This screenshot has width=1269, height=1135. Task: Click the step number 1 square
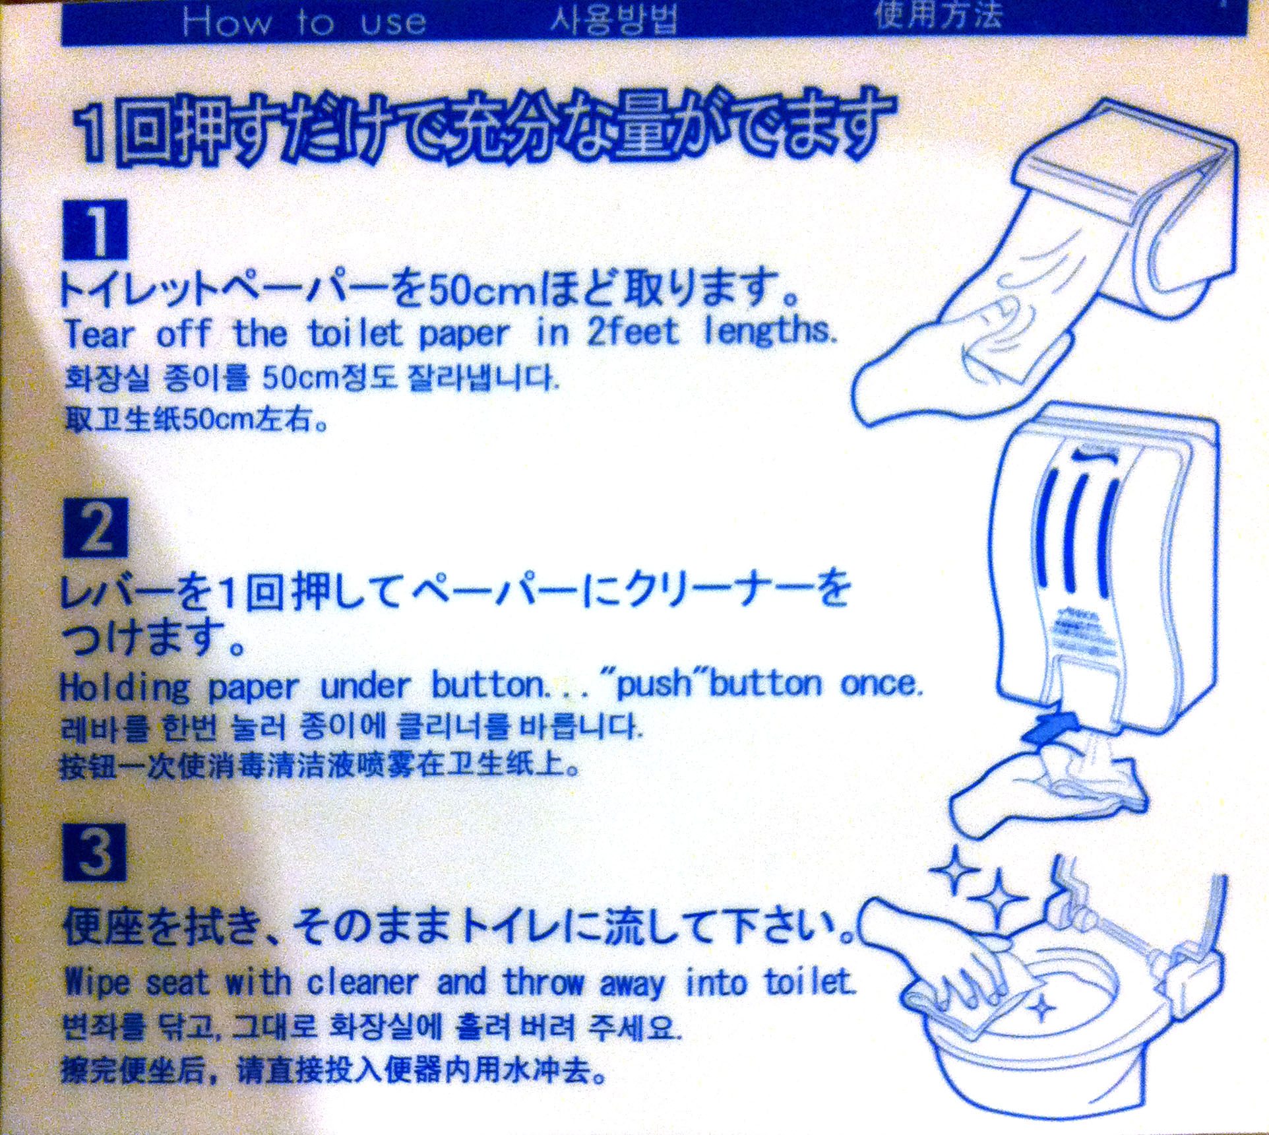pyautogui.click(x=96, y=229)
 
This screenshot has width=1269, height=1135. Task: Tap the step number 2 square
pyautogui.click(x=96, y=528)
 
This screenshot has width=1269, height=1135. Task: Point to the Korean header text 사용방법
pyautogui.click(x=615, y=20)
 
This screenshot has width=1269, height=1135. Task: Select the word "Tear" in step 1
pyautogui.click(x=99, y=334)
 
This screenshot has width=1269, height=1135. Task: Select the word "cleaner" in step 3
pyautogui.click(x=362, y=982)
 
